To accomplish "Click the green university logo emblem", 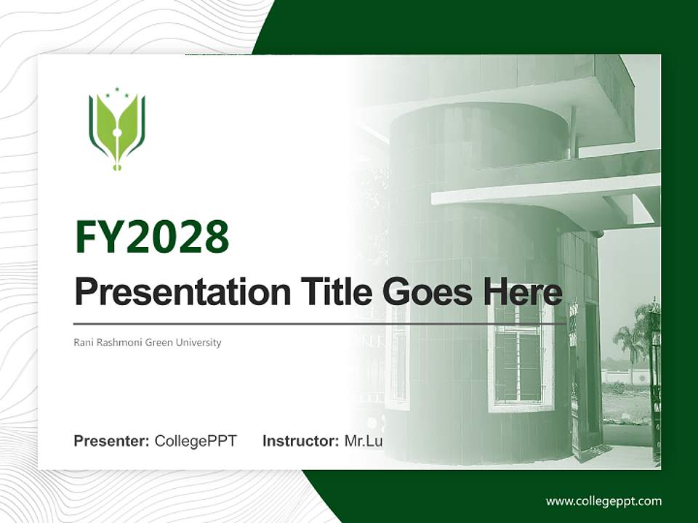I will (116, 129).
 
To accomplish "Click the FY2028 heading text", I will (152, 237).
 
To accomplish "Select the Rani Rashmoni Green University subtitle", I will (148, 342).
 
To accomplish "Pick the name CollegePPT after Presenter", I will (196, 441).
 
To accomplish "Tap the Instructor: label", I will (300, 441).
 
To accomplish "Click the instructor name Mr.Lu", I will (364, 441).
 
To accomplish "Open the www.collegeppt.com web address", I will (603, 501).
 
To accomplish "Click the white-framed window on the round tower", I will (518, 354).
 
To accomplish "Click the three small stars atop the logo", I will (116, 92).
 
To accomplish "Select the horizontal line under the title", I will (320, 324).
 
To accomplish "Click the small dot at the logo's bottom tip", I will (116, 168).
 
